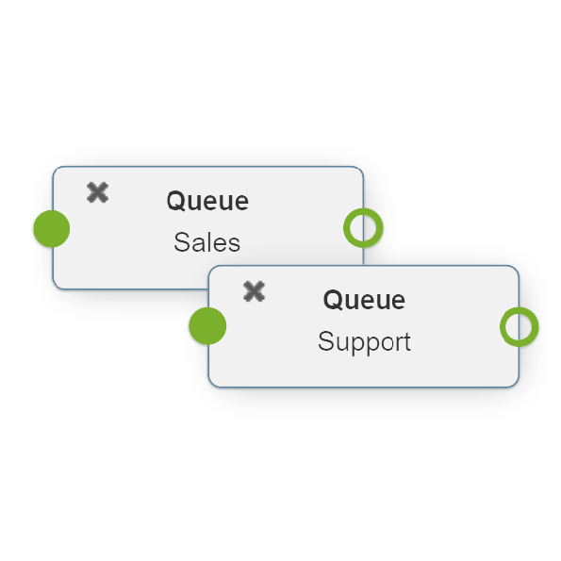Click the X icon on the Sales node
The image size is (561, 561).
point(98,192)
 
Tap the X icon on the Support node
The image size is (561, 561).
point(254,291)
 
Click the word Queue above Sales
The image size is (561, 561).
point(207,202)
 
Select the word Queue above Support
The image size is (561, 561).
point(364,300)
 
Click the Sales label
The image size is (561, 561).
point(207,242)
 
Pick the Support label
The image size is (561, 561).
point(364,341)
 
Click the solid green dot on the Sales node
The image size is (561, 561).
point(52,228)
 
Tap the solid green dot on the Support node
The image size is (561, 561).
point(207,326)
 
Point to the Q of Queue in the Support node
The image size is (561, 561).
point(333,300)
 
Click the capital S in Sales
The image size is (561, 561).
point(182,242)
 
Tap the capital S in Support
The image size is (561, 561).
point(325,341)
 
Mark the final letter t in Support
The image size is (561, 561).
point(406,341)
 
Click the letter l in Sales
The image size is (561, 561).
point(208,241)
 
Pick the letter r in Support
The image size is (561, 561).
point(398,344)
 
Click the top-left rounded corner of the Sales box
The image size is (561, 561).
point(56,170)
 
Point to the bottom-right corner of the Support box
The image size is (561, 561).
point(516,384)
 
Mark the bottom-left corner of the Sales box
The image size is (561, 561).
point(56,286)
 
